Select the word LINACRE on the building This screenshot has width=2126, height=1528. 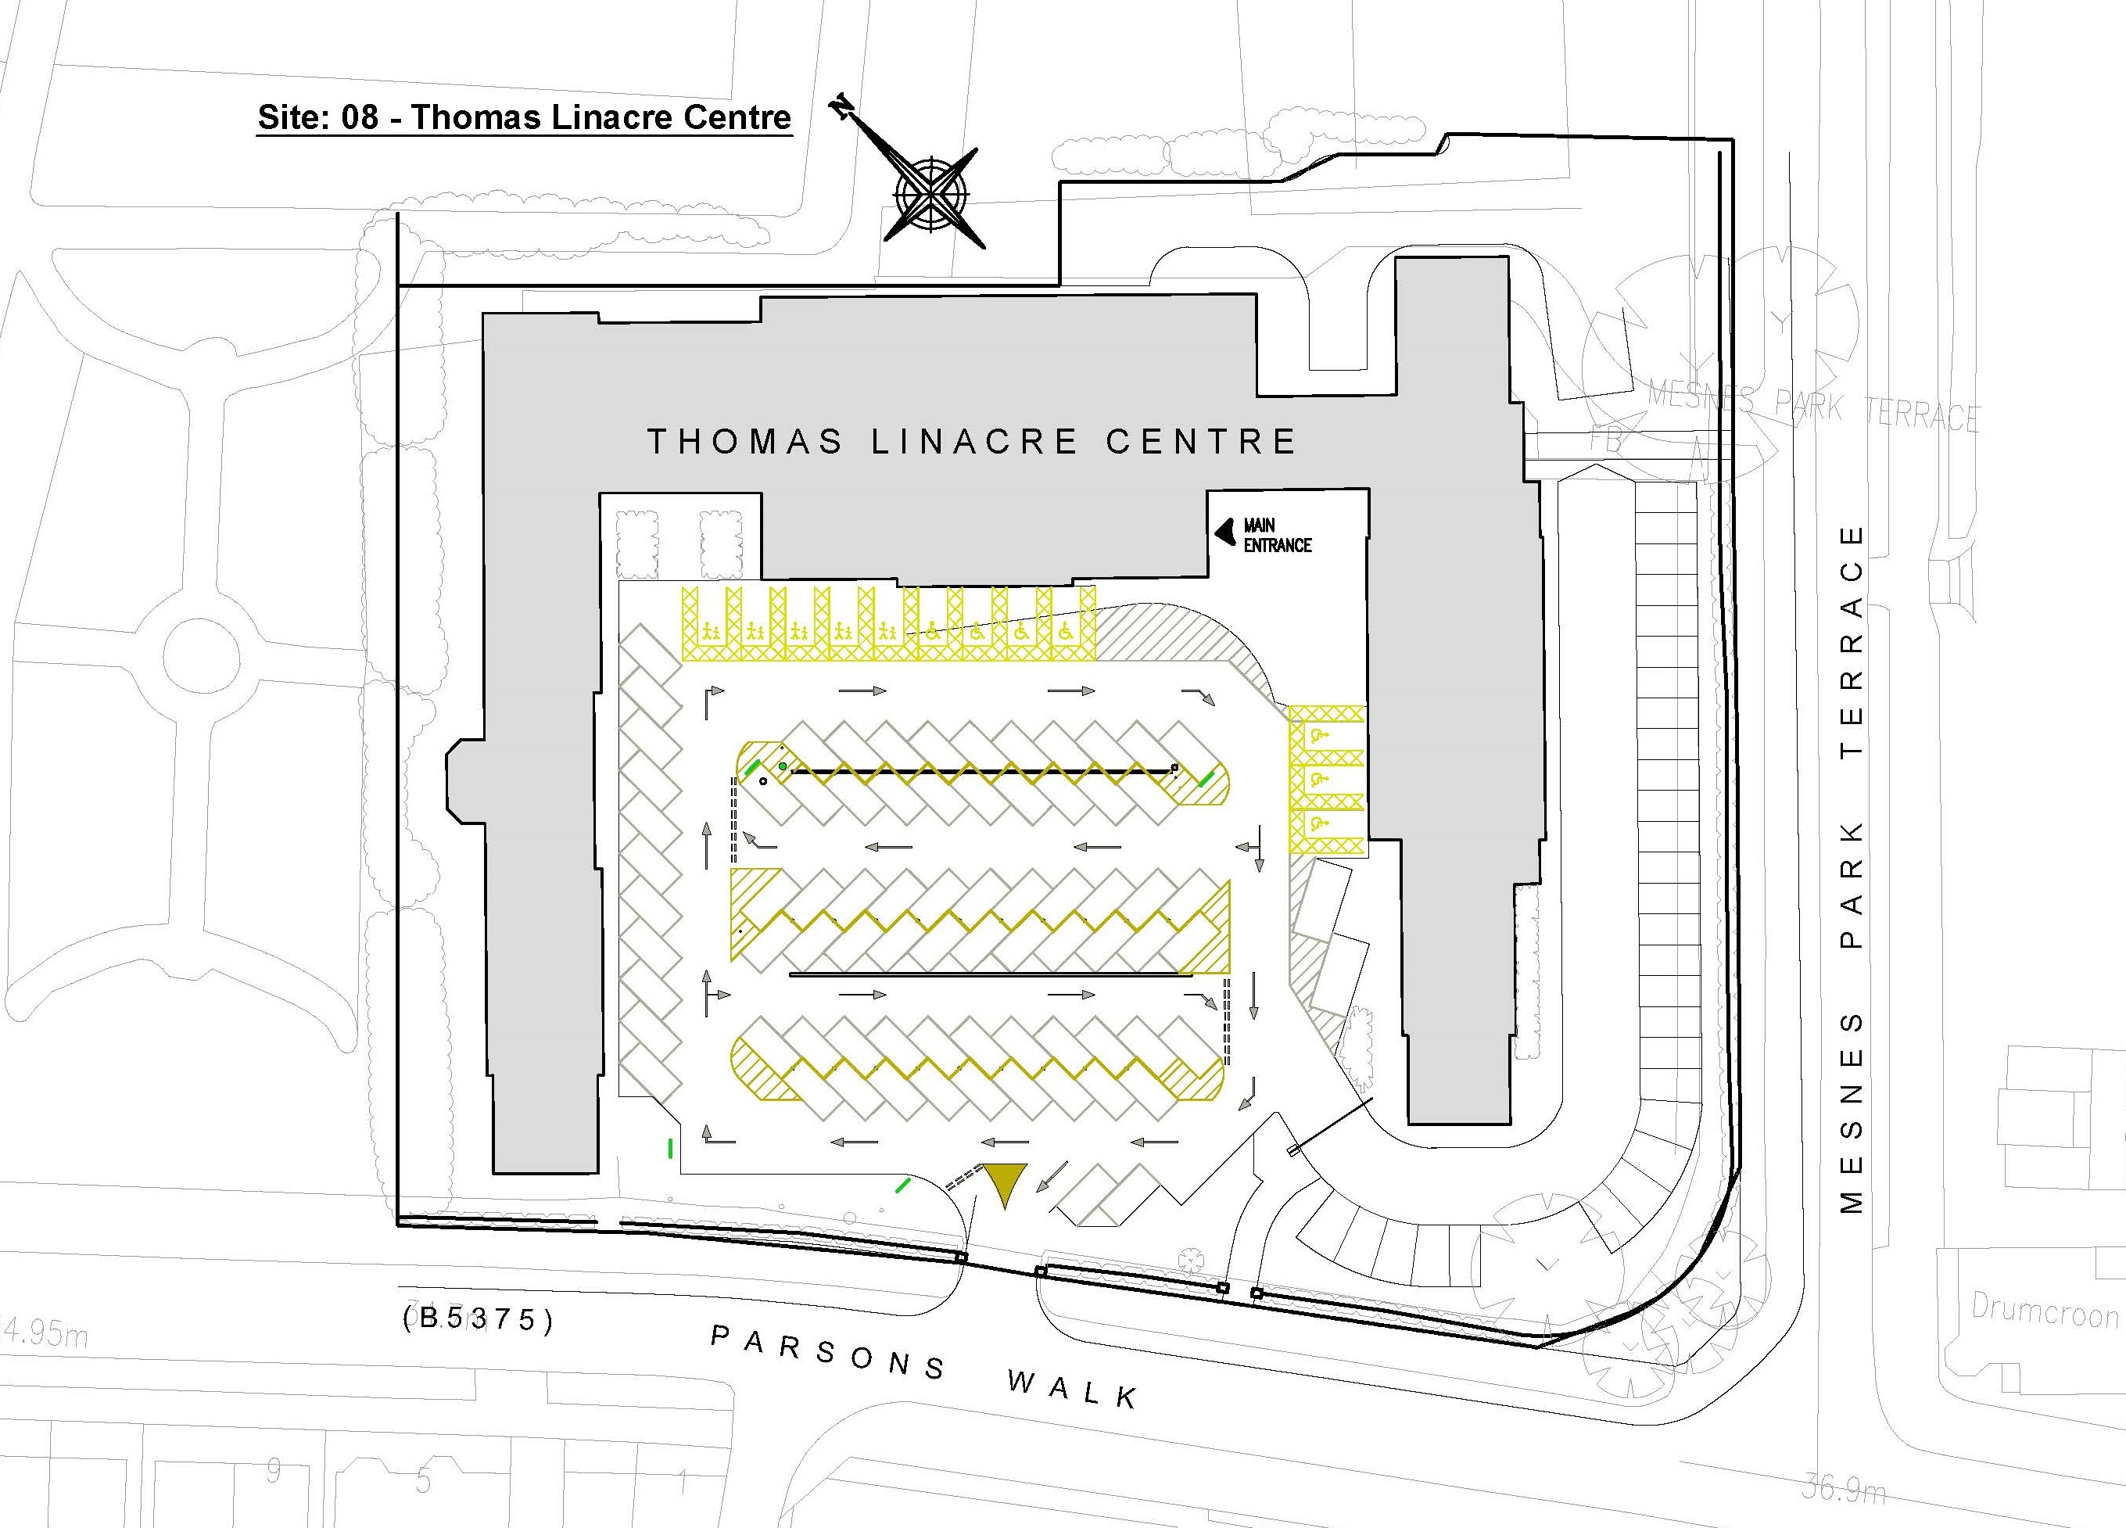(x=974, y=442)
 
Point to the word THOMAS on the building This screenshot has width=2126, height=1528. (x=745, y=442)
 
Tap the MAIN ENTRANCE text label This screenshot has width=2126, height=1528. (x=1277, y=534)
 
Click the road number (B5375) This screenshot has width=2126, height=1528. (x=478, y=1319)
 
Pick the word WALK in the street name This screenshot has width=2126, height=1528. (x=1074, y=1388)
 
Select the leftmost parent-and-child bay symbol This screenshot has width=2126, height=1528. (x=712, y=632)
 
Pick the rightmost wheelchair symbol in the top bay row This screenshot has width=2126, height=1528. (x=1065, y=632)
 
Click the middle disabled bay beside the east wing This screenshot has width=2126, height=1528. (x=1321, y=778)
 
